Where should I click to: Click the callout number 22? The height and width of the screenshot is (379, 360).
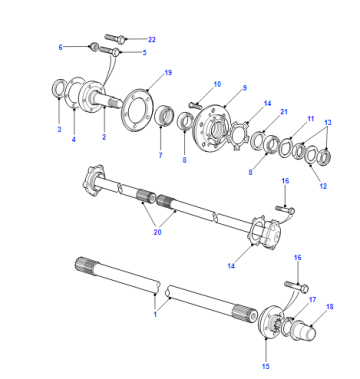coord(152,39)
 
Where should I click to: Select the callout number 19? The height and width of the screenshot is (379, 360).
coord(168,73)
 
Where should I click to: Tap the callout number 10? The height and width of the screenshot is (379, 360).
coord(217,84)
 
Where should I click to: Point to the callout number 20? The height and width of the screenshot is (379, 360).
coord(157,232)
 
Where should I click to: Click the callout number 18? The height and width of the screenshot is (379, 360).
coord(330,306)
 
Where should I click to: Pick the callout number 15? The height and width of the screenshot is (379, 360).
coord(265,366)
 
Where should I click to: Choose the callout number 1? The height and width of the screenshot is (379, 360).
coord(155,314)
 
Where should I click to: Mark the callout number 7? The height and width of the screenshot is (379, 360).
coord(160,155)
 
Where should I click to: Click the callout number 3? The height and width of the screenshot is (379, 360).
coord(59,129)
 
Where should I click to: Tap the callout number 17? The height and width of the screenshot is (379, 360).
coord(312,300)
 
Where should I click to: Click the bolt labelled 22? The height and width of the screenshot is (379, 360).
coord(115,38)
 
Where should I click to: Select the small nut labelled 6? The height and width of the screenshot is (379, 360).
coord(94,47)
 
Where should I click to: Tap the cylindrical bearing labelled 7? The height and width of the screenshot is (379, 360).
coord(164,115)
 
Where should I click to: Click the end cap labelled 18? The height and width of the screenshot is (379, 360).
coord(303,330)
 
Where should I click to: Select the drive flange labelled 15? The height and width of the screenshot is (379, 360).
coord(271,322)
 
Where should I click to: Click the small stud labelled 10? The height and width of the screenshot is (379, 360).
coord(195,105)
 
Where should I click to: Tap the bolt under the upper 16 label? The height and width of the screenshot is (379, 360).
coord(285,209)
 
